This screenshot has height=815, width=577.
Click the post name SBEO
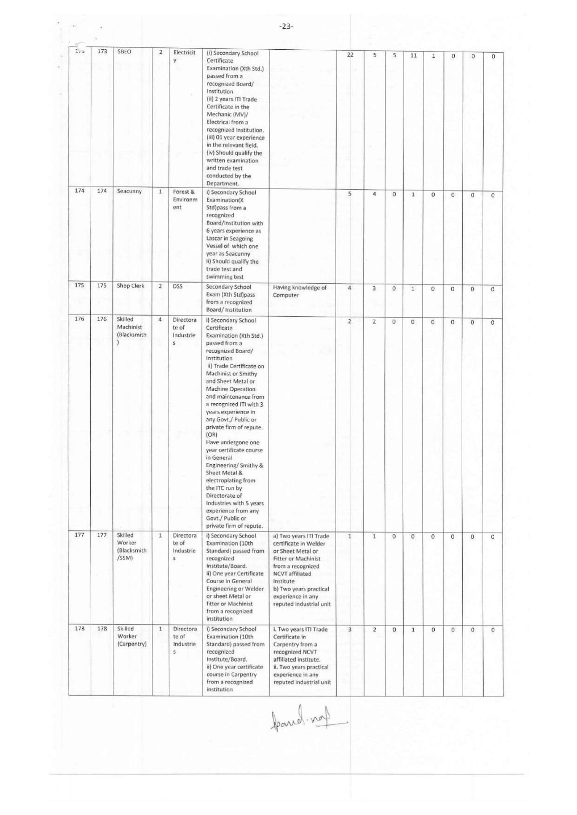[124, 52]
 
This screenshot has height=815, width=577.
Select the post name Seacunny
[129, 191]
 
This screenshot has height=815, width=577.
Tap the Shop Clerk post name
[131, 286]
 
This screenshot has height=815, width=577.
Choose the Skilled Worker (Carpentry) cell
[132, 636]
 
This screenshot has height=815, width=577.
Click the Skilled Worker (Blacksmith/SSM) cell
[132, 546]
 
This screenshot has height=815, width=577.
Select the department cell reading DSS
[178, 286]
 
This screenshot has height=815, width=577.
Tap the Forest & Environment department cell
[185, 199]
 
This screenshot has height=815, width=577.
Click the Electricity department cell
[184, 56]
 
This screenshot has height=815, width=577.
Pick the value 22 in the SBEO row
[350, 55]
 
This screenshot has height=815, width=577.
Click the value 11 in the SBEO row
[413, 56]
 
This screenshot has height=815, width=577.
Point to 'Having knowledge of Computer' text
[299, 291]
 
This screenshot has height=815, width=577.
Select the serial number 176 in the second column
[102, 319]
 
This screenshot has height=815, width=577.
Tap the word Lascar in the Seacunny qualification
[215, 238]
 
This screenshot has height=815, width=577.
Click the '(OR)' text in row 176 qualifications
[212, 435]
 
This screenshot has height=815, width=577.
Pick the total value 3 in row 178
[350, 630]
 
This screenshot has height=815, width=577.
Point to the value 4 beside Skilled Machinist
[160, 320]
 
